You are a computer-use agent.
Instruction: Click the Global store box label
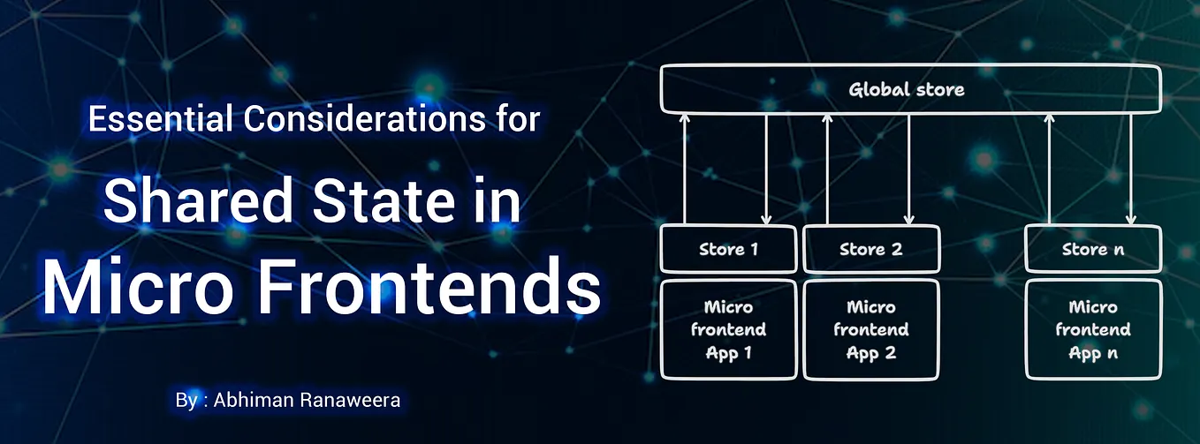[x=907, y=89]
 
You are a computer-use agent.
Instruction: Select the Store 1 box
[x=728, y=249]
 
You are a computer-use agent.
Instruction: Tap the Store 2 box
[x=870, y=249]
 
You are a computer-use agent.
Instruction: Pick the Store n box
[x=1092, y=249]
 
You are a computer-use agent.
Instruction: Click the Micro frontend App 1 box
[x=728, y=329]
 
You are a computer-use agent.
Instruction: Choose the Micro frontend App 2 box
[x=870, y=329]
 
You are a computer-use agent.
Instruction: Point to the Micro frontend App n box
[x=1092, y=329]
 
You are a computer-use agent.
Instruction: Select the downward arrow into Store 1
[x=766, y=168]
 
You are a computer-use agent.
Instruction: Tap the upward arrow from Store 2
[x=827, y=168]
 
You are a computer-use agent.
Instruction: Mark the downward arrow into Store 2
[x=908, y=168]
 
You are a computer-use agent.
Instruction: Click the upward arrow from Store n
[x=1049, y=168]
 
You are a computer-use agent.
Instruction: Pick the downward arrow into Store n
[x=1130, y=168]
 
